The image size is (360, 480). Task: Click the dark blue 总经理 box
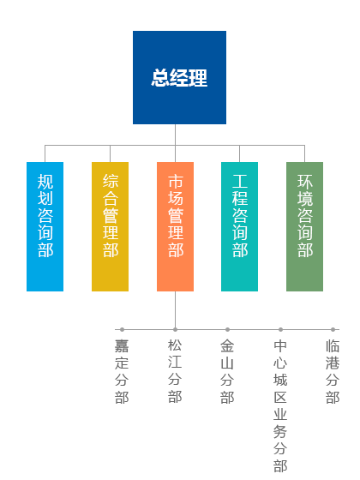[x=179, y=77]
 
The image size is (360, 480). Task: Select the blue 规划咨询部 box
[x=45, y=226]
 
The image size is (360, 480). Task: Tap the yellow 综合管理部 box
[x=111, y=226]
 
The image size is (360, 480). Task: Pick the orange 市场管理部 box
[x=175, y=226]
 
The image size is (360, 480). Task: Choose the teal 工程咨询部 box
[x=239, y=226]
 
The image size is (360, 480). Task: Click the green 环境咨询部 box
[x=304, y=226]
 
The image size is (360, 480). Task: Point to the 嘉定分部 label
[x=122, y=371]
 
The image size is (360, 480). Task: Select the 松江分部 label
[x=175, y=370]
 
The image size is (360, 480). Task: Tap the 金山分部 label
[x=227, y=371]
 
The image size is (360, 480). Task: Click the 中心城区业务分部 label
[x=280, y=405]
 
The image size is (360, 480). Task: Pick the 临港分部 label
[x=333, y=371]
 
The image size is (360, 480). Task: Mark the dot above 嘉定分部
[x=122, y=330]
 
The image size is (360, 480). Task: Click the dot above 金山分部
[x=227, y=330]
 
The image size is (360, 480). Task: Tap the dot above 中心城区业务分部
[x=281, y=330]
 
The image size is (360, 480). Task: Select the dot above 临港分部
[x=333, y=330]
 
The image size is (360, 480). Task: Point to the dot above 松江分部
[x=175, y=330]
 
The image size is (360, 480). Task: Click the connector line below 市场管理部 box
[x=175, y=309]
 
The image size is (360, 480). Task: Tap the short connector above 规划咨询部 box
[x=45, y=153]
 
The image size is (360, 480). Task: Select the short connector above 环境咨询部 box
[x=304, y=153]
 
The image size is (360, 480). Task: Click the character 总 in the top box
[x=160, y=78]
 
